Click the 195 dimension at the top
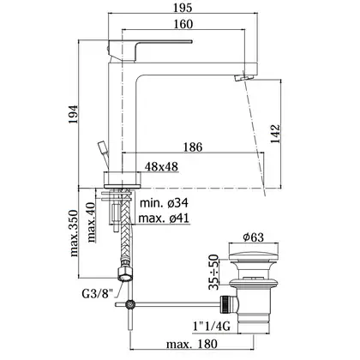coord(183,8)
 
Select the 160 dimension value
coord(183,24)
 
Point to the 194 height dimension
coord(73,114)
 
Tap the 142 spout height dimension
coord(276,134)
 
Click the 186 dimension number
coord(193,147)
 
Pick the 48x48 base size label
coord(161,166)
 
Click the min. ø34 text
coord(164,203)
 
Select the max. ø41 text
coord(164,219)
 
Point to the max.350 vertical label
coord(74,233)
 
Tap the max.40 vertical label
coord(91,222)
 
